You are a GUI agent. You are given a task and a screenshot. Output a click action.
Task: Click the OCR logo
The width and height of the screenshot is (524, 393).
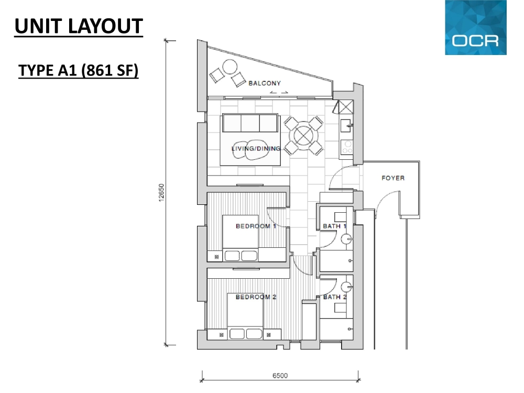[x=476, y=27]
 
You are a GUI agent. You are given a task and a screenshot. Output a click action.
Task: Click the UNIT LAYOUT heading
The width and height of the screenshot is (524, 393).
[x=79, y=26]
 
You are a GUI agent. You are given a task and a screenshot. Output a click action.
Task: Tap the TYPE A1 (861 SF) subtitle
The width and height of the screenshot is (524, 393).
[x=78, y=71]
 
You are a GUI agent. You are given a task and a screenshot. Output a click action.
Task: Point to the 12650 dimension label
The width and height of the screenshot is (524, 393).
[x=161, y=192]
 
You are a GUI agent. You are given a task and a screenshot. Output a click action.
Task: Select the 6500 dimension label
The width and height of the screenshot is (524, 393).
[x=280, y=375]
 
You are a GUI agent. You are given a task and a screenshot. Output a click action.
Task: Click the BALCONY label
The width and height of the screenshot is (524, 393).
[x=265, y=83]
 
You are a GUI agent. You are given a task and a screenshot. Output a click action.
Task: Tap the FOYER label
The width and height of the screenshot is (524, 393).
[x=393, y=178]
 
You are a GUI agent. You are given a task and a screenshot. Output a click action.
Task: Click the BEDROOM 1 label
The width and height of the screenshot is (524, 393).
[x=256, y=226]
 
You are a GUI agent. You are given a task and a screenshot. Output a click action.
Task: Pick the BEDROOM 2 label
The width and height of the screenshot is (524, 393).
[x=256, y=297]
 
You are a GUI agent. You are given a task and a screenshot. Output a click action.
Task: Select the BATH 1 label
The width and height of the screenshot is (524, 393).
[x=334, y=226]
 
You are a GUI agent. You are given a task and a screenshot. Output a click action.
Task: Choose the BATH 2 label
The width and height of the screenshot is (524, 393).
[x=335, y=297]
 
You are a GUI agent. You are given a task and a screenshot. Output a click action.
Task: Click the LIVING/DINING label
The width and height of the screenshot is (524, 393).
[x=256, y=149]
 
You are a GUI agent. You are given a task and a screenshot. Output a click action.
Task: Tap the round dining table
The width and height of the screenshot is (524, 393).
[x=303, y=135]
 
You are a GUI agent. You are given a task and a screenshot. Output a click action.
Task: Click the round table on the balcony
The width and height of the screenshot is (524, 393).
[x=230, y=67]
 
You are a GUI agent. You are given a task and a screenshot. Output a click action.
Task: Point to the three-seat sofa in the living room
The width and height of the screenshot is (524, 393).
[x=250, y=123]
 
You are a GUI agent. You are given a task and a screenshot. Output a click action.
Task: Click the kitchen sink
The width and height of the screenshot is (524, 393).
[x=346, y=126]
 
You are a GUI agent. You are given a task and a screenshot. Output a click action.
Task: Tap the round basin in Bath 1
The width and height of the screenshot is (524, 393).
[x=346, y=239]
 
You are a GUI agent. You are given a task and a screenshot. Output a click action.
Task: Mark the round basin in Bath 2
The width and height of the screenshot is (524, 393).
[x=346, y=287]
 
